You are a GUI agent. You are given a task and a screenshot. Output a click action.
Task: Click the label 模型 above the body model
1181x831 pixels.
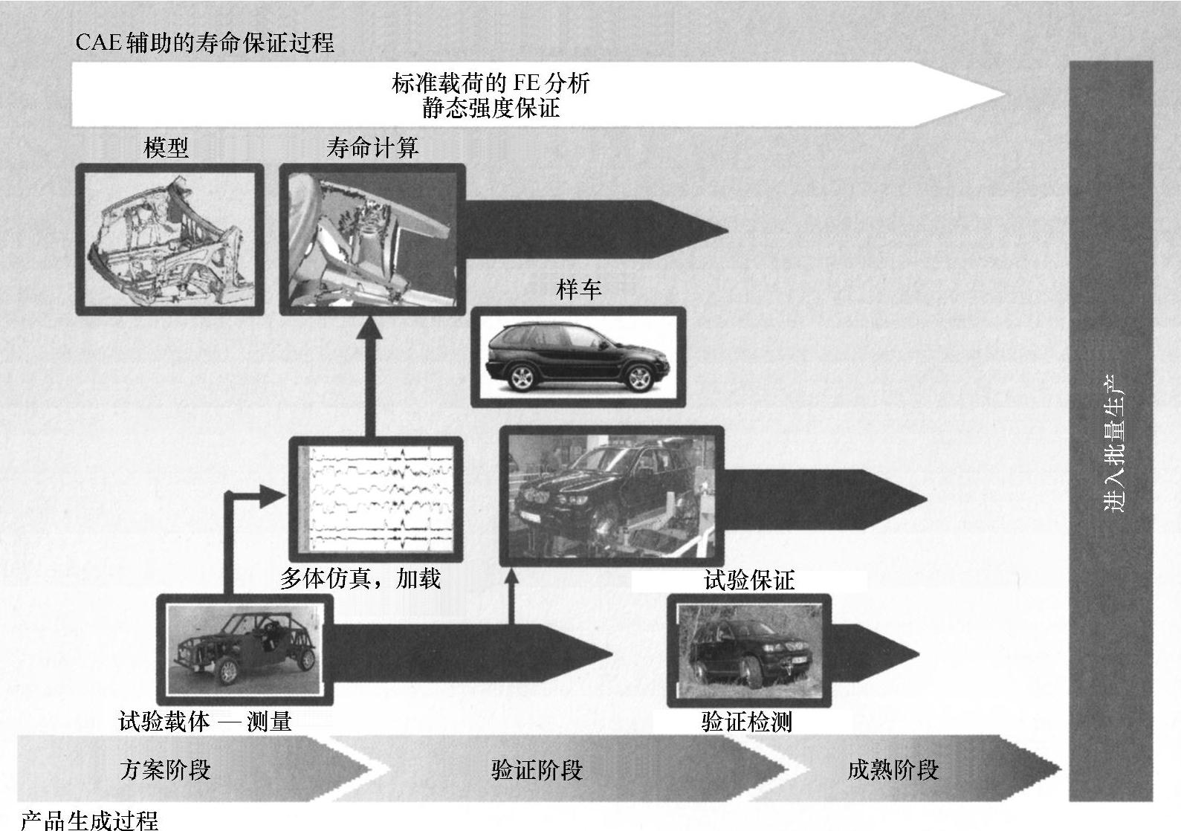[x=166, y=148]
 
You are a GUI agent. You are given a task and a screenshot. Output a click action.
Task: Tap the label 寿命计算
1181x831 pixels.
[x=372, y=148]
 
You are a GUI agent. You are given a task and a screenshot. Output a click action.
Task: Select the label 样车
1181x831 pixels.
[x=578, y=289]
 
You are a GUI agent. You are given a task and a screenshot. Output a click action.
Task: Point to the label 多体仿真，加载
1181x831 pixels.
[x=360, y=578]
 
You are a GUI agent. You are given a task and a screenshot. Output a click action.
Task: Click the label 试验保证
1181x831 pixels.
[x=748, y=581]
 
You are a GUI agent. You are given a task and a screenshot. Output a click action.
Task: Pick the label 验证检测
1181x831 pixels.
[x=746, y=721]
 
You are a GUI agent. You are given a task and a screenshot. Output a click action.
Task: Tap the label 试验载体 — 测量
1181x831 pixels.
[x=205, y=721]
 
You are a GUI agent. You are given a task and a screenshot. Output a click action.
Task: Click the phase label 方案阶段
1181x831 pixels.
[x=165, y=769]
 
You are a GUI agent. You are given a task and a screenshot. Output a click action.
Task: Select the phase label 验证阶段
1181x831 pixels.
[x=537, y=769]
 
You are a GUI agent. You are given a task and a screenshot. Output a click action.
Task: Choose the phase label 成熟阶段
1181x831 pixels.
[x=893, y=769]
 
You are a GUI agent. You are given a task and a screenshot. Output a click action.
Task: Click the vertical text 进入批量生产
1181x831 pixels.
[x=1113, y=443]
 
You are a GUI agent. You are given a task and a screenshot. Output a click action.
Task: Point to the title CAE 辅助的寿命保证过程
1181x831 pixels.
[x=205, y=42]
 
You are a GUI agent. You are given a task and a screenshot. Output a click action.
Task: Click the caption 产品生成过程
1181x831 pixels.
[x=89, y=820]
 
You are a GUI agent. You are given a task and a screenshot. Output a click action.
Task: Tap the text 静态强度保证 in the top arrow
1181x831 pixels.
[x=491, y=109]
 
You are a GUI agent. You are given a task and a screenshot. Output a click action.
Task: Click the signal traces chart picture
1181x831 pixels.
[x=375, y=499]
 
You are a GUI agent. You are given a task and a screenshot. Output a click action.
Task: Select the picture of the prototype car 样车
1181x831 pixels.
[x=578, y=357]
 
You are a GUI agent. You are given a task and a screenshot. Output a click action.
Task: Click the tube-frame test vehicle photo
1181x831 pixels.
[x=245, y=649]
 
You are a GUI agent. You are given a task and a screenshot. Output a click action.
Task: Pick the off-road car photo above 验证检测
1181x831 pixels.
[x=748, y=649]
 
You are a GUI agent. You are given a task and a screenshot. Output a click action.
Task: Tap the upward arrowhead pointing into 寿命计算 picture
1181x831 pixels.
[x=369, y=327]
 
